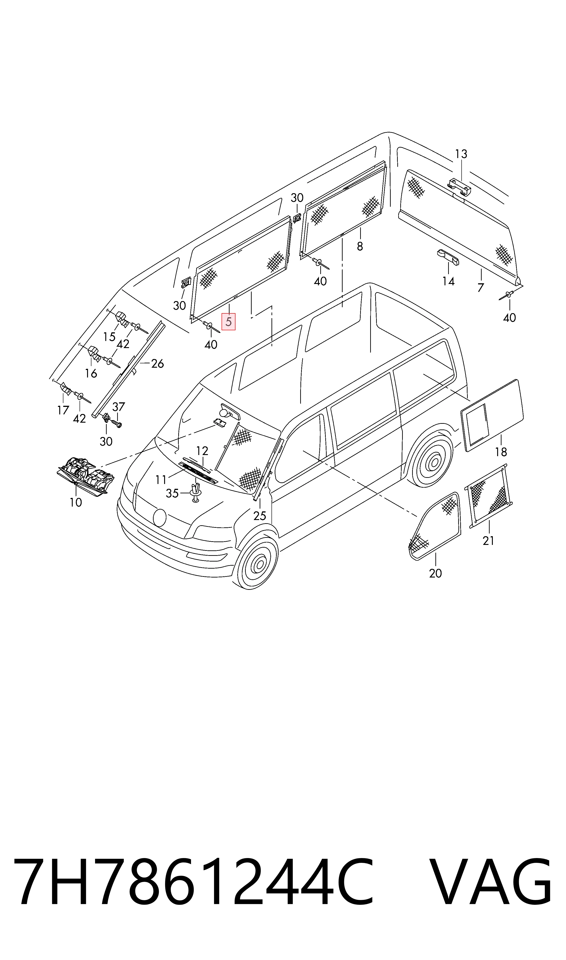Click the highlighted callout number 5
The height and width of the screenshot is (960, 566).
click(x=228, y=322)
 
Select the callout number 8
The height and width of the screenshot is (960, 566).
click(x=360, y=247)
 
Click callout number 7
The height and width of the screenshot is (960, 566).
click(x=481, y=287)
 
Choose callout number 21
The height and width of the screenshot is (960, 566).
click(x=488, y=541)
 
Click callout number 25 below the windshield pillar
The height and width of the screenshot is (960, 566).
click(x=259, y=516)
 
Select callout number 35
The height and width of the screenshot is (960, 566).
click(x=172, y=494)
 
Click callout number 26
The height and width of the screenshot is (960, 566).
click(x=158, y=364)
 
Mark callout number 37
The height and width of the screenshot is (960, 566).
click(x=119, y=406)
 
